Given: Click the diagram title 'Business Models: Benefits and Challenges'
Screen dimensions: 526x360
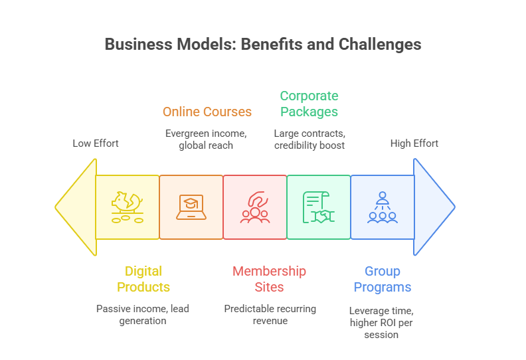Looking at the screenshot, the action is pyautogui.click(x=263, y=45).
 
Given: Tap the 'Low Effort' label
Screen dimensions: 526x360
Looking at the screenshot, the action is pyautogui.click(x=96, y=143).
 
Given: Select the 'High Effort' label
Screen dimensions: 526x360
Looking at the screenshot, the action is pyautogui.click(x=414, y=143).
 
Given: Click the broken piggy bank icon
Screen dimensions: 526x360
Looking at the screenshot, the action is pyautogui.click(x=128, y=207).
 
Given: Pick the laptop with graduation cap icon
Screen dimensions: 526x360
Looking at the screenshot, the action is pyautogui.click(x=191, y=207).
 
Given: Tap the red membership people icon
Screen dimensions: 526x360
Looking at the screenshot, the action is pyautogui.click(x=255, y=207).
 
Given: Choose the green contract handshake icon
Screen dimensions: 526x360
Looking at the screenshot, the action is pyautogui.click(x=319, y=207).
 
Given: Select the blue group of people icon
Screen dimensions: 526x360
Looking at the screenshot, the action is pyautogui.click(x=382, y=207).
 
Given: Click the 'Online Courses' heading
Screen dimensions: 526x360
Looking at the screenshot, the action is pyautogui.click(x=207, y=112).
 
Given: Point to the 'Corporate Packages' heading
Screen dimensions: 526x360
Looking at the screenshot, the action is pyautogui.click(x=309, y=104).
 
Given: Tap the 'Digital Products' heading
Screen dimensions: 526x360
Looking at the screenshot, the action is pyautogui.click(x=143, y=279).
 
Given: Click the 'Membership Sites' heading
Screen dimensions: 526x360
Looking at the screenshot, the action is pyautogui.click(x=269, y=279).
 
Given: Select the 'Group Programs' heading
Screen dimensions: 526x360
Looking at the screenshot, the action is pyautogui.click(x=382, y=279).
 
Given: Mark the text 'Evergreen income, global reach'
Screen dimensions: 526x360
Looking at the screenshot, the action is pyautogui.click(x=206, y=139).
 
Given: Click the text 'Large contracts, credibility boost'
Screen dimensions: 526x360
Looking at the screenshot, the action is pyautogui.click(x=309, y=139).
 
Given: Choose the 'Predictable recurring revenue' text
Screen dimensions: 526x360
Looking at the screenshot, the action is pyautogui.click(x=270, y=314).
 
